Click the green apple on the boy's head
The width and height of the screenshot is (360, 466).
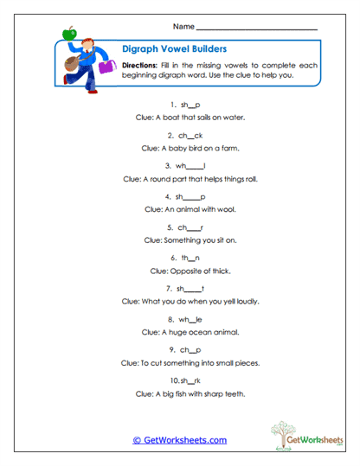point(71,33)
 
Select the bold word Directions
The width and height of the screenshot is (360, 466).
point(139,65)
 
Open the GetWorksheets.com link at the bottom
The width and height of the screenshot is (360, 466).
point(179,440)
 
